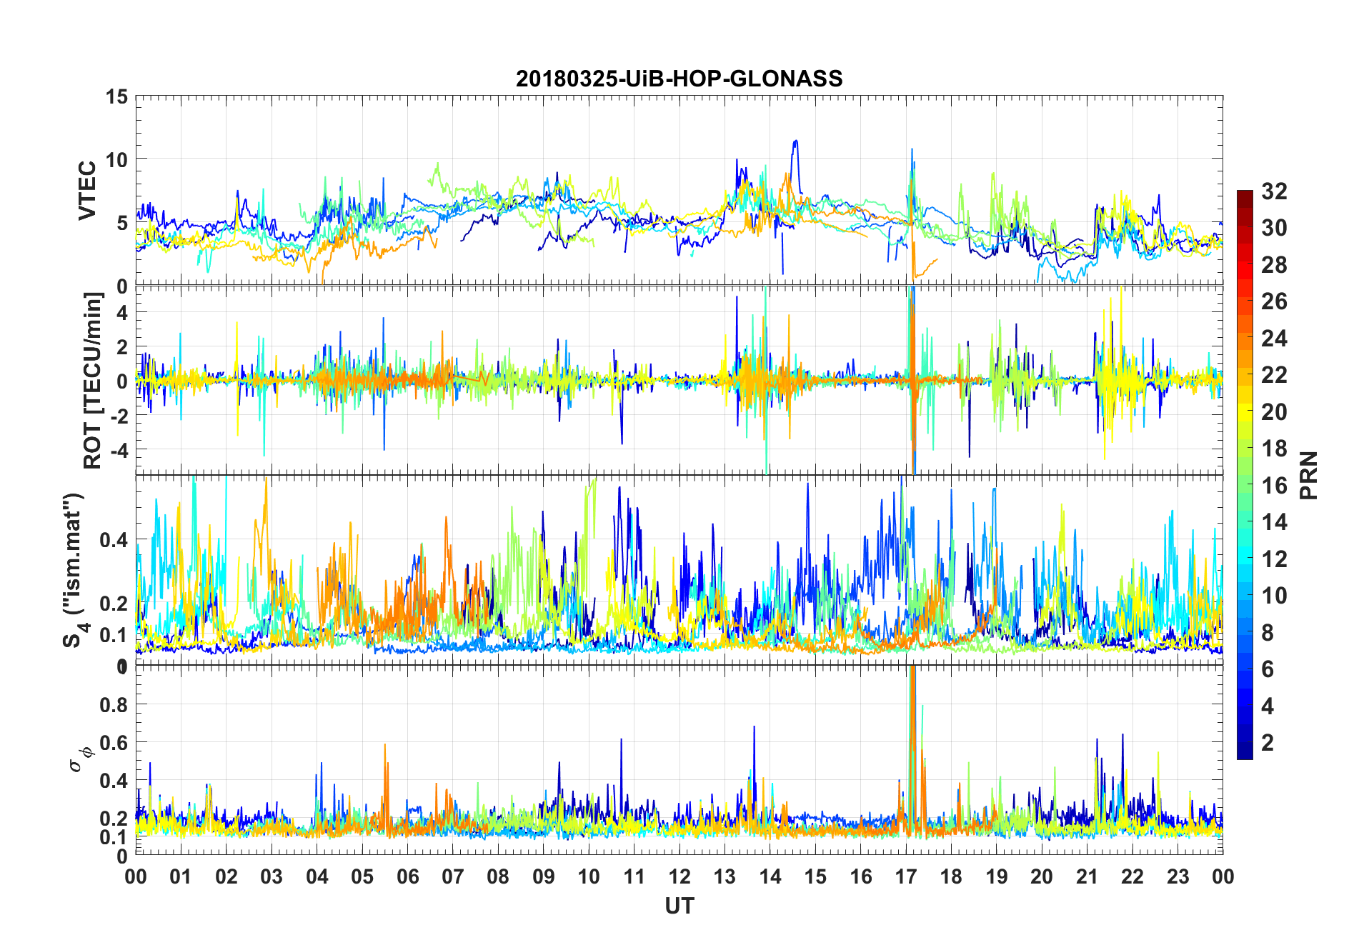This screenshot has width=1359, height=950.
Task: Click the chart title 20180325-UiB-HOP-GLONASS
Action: click(679, 79)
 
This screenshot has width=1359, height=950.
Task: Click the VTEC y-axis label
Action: click(87, 191)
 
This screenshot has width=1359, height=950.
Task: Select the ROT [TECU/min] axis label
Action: click(93, 380)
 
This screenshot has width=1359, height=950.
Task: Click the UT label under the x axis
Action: click(679, 906)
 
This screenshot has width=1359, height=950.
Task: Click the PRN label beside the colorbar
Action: click(1309, 475)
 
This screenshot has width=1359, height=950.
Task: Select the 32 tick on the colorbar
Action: click(1274, 191)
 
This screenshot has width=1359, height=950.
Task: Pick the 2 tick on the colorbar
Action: click(1268, 743)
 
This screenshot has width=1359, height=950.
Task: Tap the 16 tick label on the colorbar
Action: click(1274, 486)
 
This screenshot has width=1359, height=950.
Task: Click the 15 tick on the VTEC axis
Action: click(117, 96)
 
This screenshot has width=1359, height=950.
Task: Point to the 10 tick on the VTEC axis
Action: click(117, 159)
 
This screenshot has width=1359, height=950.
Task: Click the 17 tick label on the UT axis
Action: click(906, 876)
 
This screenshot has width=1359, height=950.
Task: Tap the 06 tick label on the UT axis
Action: click(407, 876)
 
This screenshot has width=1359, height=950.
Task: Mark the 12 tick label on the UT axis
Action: click(679, 876)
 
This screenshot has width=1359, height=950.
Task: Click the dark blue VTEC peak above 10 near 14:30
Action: click(795, 142)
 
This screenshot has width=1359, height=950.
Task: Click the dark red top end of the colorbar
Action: click(1245, 194)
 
